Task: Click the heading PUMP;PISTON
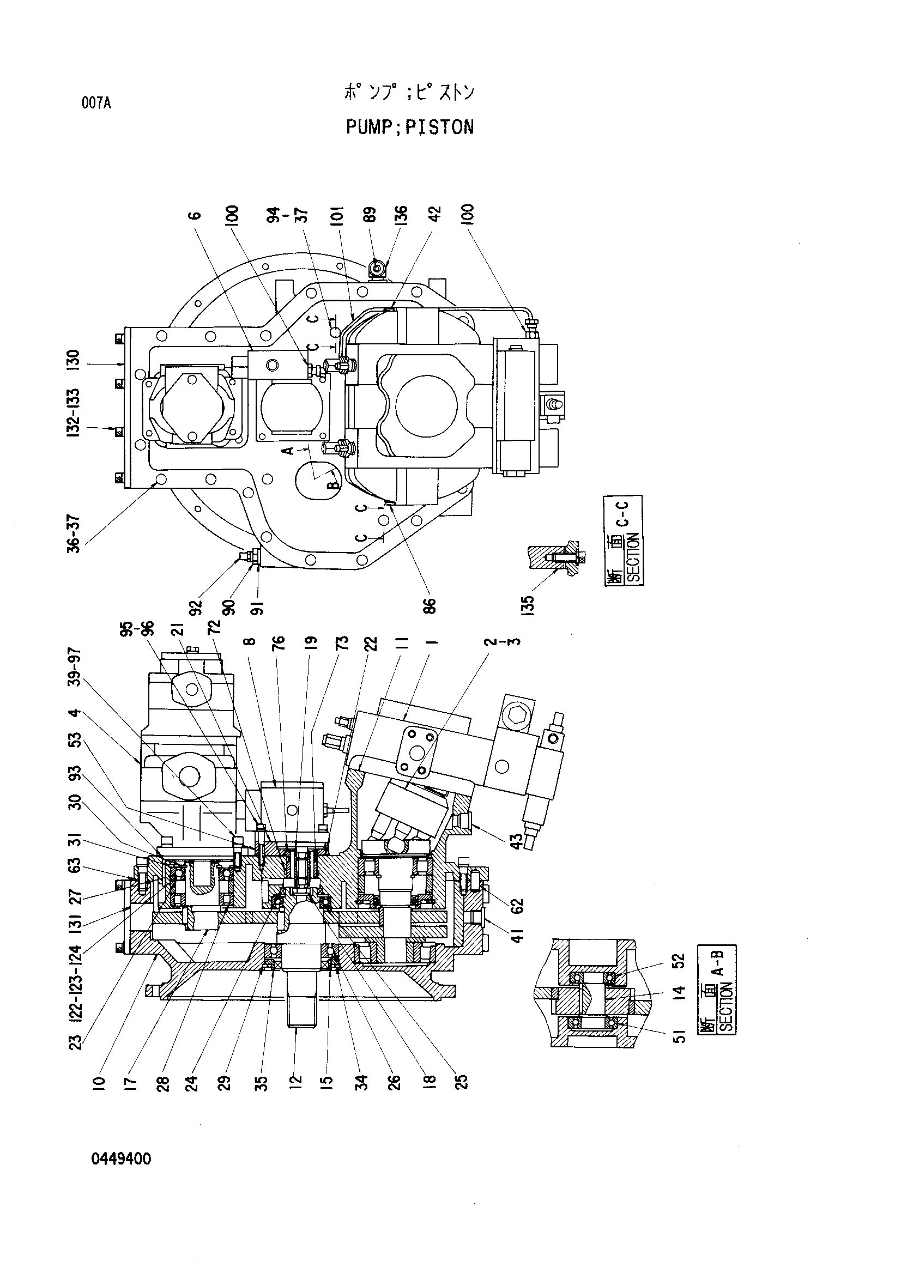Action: click(410, 127)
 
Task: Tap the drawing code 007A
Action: click(96, 103)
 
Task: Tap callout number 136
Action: click(401, 215)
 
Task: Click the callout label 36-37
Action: click(73, 535)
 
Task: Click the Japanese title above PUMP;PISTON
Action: click(409, 92)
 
